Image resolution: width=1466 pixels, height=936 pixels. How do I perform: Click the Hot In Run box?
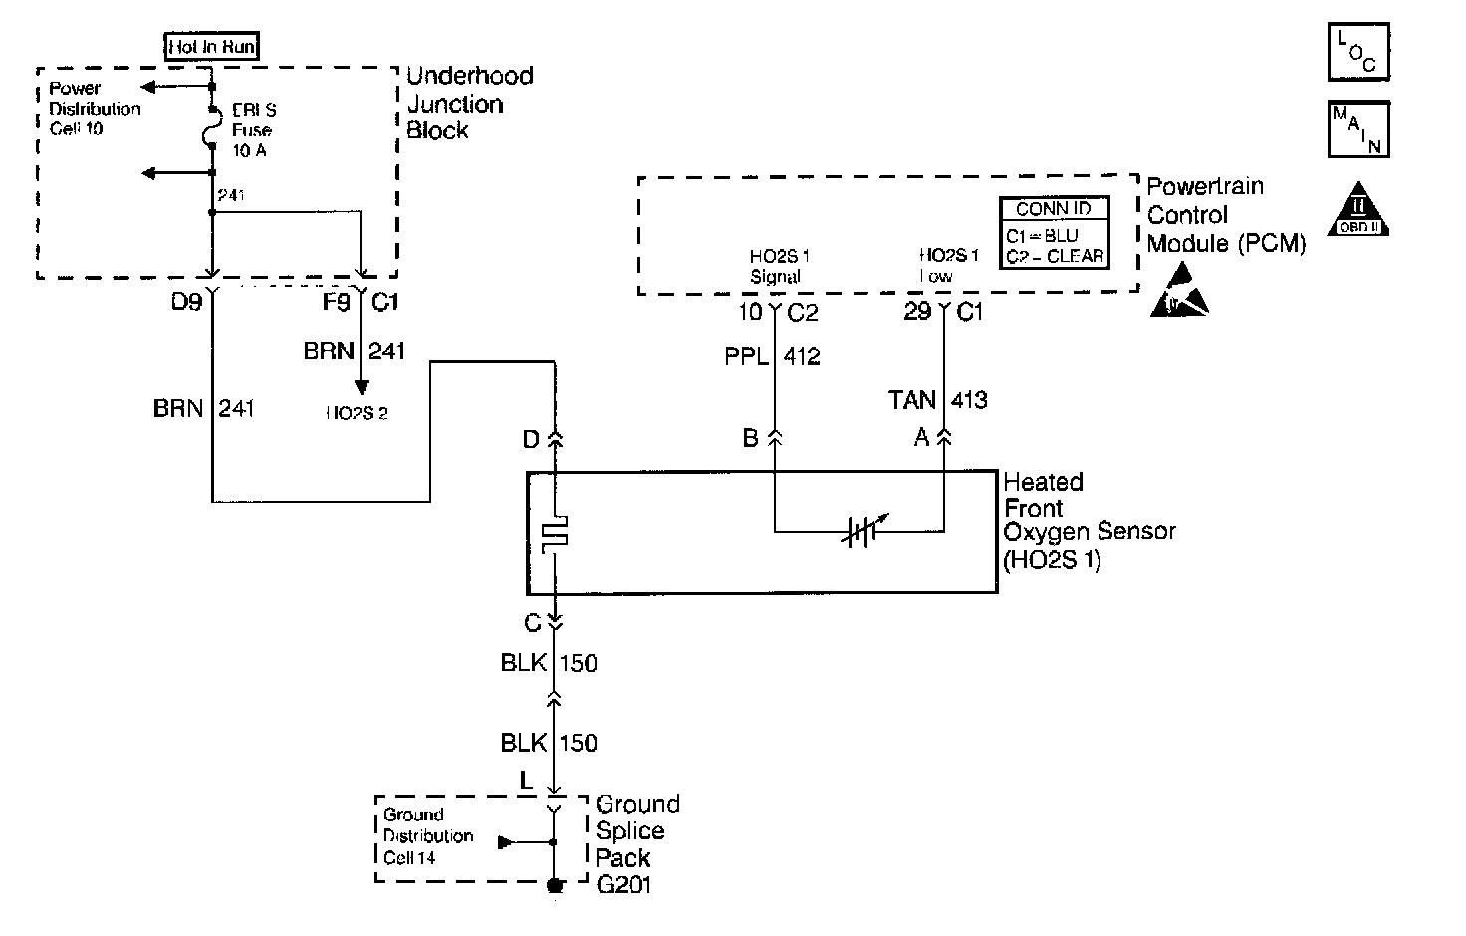point(212,46)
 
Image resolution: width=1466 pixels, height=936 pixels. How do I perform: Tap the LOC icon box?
point(1358,52)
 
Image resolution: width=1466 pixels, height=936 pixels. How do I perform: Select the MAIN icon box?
point(1358,129)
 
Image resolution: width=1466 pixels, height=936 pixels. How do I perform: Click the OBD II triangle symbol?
point(1358,209)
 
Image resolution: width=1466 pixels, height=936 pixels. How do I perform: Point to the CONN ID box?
point(1055,234)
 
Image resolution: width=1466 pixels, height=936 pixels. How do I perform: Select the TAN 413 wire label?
point(937,400)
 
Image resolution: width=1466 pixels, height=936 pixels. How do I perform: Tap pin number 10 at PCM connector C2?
point(749,312)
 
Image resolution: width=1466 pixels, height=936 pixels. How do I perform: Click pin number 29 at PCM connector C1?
point(917,312)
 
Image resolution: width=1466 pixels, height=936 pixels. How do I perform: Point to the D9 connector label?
point(186,301)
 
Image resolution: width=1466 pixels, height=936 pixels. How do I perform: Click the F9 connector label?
point(337,301)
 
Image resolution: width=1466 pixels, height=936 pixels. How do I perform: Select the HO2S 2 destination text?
point(357,413)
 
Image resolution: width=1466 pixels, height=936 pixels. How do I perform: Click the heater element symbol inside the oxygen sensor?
point(555,534)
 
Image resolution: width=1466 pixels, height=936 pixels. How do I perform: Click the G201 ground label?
point(623,884)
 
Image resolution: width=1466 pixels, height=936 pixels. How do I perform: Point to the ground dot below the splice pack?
point(556,885)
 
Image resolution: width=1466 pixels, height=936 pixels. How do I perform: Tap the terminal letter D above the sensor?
point(531,439)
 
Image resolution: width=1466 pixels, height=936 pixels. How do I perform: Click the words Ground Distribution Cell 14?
point(428,836)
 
